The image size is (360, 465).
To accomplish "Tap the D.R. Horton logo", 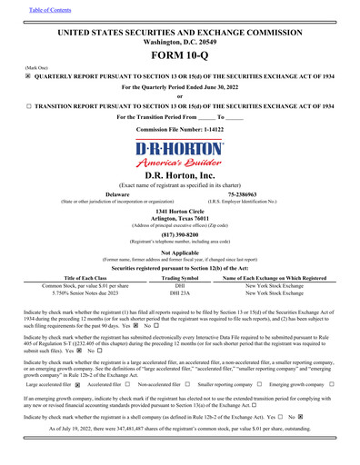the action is tap(179, 155).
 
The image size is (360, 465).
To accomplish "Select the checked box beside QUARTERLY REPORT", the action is tap(27, 77).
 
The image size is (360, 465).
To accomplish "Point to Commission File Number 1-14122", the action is tap(179, 130).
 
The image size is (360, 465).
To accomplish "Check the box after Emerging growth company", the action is tap(334, 385).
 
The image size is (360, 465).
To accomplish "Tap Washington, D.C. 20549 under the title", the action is tap(179, 42).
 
